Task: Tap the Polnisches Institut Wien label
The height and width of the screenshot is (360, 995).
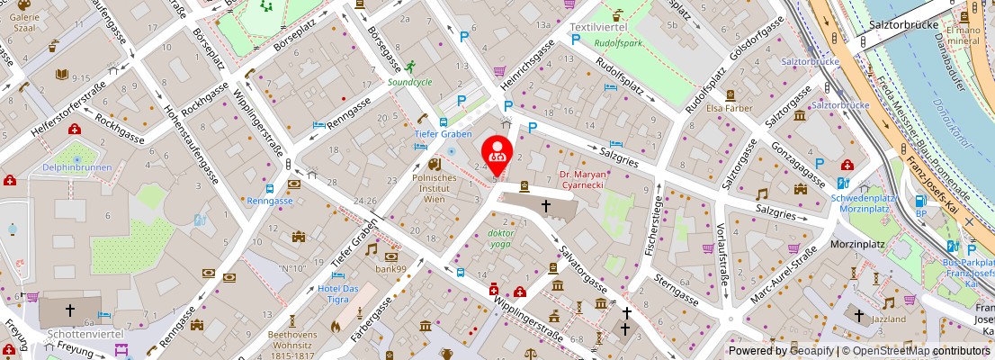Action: pos(435,188)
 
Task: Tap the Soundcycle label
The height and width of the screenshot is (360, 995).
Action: pos(409,82)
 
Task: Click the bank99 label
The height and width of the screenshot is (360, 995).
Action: pos(391,268)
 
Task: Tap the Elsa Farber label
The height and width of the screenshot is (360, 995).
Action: pos(729,108)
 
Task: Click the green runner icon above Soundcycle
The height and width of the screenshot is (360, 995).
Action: pos(410,67)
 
